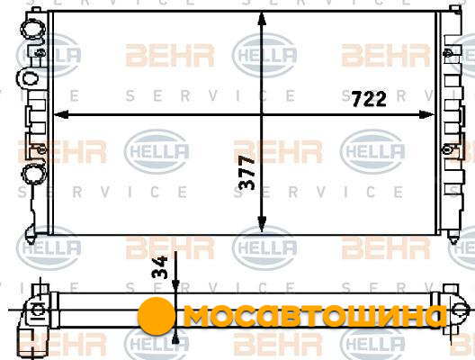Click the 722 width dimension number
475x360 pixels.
(x=369, y=99)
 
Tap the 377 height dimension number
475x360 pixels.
(x=246, y=173)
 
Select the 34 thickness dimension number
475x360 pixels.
(x=159, y=267)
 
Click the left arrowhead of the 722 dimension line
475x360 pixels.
(x=61, y=114)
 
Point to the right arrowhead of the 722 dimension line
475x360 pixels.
(x=426, y=114)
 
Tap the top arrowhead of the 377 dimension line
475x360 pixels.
(x=262, y=20)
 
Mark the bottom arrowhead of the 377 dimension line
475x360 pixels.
(x=262, y=224)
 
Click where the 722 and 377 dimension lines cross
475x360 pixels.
(x=262, y=114)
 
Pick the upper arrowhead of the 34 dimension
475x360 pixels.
(x=175, y=286)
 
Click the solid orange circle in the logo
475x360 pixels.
(x=157, y=316)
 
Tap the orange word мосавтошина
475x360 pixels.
(x=315, y=316)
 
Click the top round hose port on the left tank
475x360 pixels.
(x=32, y=28)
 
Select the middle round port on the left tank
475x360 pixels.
(x=29, y=79)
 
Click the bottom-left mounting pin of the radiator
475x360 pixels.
(x=31, y=234)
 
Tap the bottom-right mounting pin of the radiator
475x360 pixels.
(x=453, y=237)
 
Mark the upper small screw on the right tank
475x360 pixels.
(x=447, y=53)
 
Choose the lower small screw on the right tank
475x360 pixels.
(x=446, y=149)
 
